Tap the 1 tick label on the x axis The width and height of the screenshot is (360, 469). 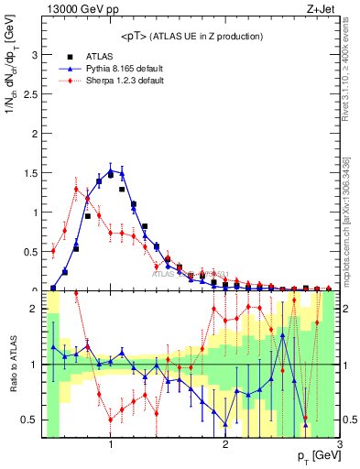[111, 445]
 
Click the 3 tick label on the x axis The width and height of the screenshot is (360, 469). [340, 445]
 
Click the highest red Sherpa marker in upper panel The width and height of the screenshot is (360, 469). [76, 190]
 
